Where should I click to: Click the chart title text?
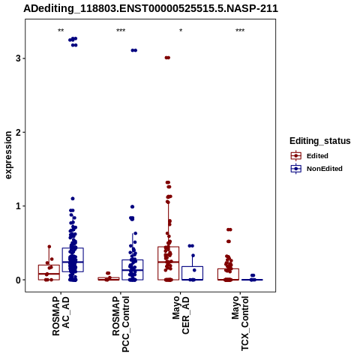coord(151,9)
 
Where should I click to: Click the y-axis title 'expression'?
coord(8,155)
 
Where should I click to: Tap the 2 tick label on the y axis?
coord(18,132)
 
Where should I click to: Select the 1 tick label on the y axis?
coord(18,206)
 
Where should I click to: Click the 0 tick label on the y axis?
coord(18,280)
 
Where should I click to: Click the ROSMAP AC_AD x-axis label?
coord(61,316)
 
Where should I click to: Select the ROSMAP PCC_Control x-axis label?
coord(121,324)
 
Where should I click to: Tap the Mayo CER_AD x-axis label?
coord(181,315)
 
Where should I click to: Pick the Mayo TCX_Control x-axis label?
coord(240,323)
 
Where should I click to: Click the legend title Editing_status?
coord(320,141)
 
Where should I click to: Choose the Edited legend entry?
coord(310,156)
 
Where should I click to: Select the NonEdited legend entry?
coord(316,169)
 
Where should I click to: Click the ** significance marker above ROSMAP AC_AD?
coord(61,31)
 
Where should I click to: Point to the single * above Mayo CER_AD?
coord(181,31)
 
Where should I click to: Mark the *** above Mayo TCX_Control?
coord(240,31)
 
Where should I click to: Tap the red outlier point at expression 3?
coord(167,58)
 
